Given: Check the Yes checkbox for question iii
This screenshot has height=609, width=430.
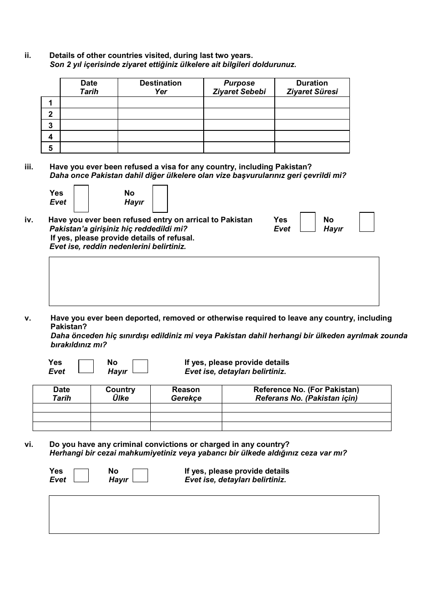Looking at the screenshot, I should tap(81, 198).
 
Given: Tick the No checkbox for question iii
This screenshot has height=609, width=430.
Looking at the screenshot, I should tap(160, 198).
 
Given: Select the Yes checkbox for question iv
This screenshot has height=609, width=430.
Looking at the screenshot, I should tap(308, 222).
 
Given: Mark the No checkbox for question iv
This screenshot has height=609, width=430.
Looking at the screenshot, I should tap(367, 222).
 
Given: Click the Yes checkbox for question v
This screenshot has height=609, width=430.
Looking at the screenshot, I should tap(86, 366).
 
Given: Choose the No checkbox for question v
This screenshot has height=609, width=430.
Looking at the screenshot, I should tap(140, 366).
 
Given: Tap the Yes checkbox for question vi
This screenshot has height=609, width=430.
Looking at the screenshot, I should tap(81, 475).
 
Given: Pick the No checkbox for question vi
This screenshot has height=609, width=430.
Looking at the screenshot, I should tap(140, 475).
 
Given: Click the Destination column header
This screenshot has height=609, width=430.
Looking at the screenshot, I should tap(161, 87).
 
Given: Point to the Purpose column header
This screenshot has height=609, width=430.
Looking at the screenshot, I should tap(239, 87).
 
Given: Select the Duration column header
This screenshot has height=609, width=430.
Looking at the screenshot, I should tap(312, 87).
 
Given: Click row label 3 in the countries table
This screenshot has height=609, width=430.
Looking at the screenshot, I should tap(51, 125).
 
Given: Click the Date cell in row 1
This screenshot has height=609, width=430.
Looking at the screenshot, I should tap(89, 103).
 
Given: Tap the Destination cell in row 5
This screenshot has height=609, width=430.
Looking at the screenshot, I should tap(161, 148).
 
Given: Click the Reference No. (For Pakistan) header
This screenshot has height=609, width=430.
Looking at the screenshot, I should tap(306, 394).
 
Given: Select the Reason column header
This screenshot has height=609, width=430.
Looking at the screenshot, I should tap(186, 394).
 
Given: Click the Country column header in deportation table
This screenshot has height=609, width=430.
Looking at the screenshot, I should tap(120, 394).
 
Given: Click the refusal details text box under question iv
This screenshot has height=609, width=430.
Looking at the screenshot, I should tap(214, 281).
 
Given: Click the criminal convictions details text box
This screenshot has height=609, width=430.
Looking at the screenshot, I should tap(214, 514).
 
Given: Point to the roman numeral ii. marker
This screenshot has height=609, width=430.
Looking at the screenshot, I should tap(28, 56).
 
